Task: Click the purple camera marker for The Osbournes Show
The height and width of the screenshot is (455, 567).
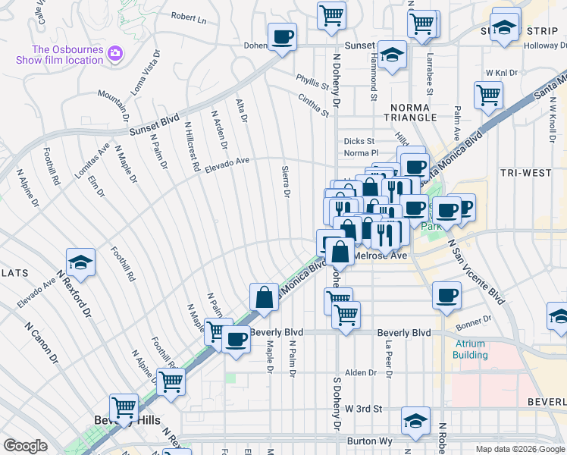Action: (115, 53)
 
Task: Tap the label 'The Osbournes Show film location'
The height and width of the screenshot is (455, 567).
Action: (67, 55)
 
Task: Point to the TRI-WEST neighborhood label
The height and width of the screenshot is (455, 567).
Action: (526, 173)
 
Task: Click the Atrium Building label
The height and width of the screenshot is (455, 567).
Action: (471, 349)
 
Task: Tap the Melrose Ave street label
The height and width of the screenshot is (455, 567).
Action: (381, 256)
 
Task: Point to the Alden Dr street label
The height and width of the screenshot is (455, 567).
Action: (361, 373)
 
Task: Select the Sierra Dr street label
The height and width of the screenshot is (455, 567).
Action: (286, 183)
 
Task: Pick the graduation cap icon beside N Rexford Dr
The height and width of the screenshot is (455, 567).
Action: (80, 262)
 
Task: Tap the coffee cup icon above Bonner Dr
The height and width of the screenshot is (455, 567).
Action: (446, 294)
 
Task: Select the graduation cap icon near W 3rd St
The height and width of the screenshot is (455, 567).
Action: (415, 421)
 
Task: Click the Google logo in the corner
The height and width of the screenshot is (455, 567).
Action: (25, 446)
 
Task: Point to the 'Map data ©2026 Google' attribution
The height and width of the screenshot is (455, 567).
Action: (520, 449)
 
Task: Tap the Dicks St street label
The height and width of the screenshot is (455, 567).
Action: (359, 141)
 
